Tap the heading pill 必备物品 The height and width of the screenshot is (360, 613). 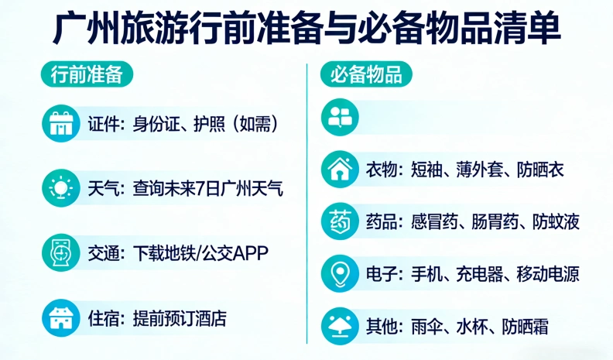366,75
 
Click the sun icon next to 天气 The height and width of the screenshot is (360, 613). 60,187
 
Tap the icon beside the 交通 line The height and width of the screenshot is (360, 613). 60,252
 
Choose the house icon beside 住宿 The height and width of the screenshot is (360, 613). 60,317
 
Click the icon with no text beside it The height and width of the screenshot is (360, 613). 341,117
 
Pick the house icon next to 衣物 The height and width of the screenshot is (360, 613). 341,170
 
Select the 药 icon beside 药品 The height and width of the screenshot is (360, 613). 341,221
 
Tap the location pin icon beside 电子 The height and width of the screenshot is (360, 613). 341,273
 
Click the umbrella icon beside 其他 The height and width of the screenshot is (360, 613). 341,325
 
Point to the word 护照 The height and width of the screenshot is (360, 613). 210,123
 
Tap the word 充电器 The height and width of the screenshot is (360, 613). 479,274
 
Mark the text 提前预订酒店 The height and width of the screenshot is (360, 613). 180,317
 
